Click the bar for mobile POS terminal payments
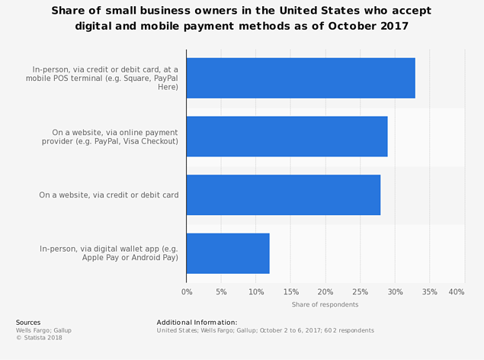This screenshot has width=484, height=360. point(300,78)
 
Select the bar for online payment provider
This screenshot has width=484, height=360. point(287,137)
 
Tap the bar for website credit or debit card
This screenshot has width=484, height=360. point(283,194)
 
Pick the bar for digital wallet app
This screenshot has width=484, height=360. point(227,253)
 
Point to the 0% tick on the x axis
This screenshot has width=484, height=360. point(187,292)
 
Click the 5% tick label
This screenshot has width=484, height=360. point(221,292)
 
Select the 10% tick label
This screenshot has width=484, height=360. point(255,292)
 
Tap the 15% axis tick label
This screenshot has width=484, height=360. point(290,292)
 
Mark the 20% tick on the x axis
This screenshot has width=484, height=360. point(325,292)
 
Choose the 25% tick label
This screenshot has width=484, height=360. point(360,292)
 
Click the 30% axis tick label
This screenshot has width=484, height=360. point(395,292)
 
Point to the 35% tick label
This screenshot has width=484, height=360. point(429,292)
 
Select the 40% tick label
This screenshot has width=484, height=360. point(457,292)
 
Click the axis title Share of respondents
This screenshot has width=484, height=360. point(325,305)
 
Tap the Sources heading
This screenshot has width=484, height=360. point(28,323)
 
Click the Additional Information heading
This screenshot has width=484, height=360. point(197,323)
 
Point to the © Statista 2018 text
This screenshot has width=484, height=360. point(40,338)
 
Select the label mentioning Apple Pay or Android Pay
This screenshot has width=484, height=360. point(108,253)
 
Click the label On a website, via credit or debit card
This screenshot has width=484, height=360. point(109,195)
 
